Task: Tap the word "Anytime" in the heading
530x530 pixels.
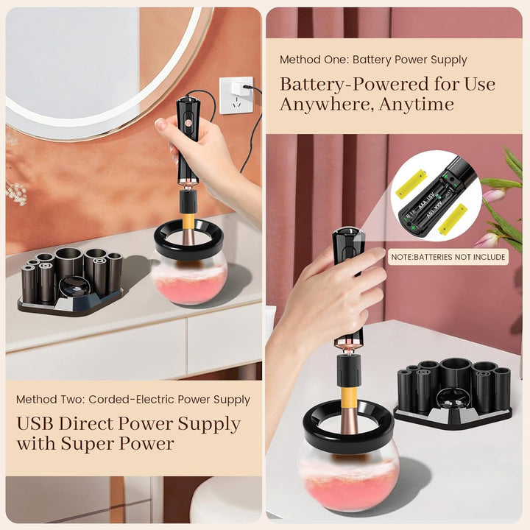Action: pos(414,105)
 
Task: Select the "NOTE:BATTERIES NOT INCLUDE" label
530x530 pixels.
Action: pos(448,257)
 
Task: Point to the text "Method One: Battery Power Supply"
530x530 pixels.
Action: pos(373,60)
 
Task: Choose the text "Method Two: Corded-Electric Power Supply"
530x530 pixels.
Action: pos(133,400)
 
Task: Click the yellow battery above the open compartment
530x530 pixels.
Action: pos(411,183)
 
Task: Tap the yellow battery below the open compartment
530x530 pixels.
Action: pos(453,219)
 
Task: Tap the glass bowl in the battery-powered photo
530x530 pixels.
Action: pos(348,471)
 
